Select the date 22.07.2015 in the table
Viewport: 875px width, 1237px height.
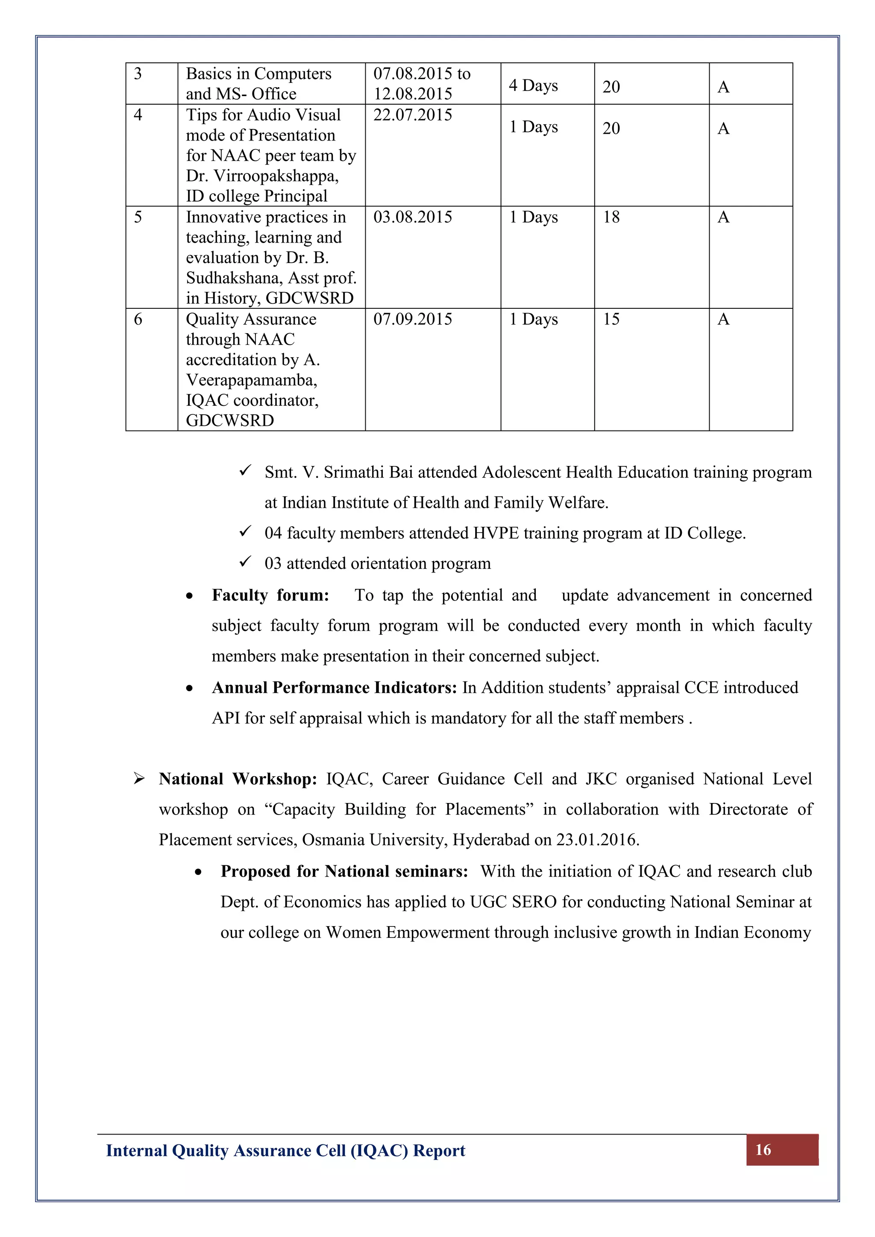tap(412, 115)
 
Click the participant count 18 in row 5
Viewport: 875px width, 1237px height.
tap(611, 217)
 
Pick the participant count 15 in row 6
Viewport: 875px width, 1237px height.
tap(611, 319)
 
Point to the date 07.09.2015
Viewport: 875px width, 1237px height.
tap(412, 319)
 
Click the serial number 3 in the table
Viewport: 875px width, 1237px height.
tap(138, 73)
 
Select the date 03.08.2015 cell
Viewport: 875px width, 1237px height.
tap(412, 217)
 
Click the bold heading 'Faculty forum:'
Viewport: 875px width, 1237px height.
tap(270, 595)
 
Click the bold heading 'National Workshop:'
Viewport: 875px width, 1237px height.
tap(238, 779)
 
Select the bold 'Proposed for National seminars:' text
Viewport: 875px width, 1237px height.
tap(344, 871)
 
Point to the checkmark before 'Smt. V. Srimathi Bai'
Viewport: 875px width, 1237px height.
tap(245, 471)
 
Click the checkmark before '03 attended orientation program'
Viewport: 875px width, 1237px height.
tap(245, 562)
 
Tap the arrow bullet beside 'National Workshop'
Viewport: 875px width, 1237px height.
tap(139, 779)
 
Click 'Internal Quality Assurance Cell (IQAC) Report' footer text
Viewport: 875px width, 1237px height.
tap(285, 1151)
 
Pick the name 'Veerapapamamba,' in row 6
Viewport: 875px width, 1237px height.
tap(251, 380)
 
